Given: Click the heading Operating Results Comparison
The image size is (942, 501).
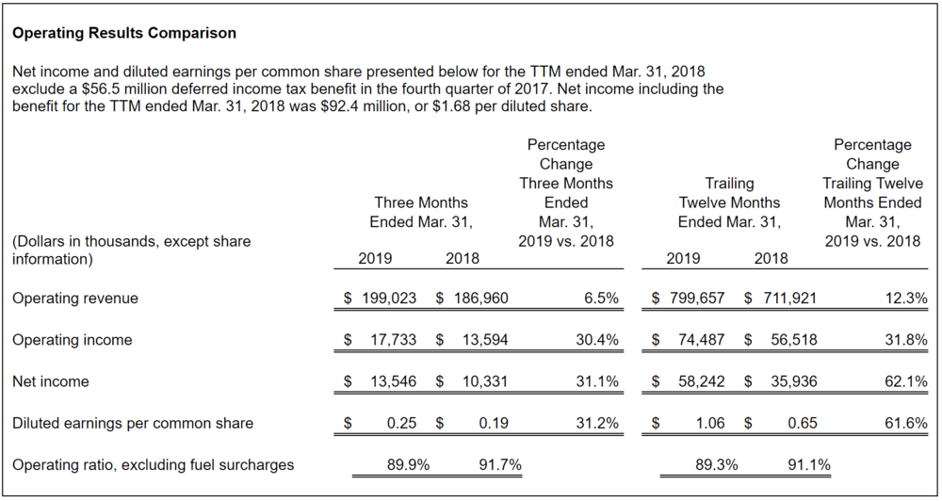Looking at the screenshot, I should click(x=124, y=33).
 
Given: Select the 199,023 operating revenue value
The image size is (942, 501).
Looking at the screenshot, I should click(x=390, y=299).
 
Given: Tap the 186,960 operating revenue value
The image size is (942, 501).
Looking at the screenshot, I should click(x=482, y=299).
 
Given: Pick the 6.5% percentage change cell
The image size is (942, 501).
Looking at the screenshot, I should click(x=601, y=299).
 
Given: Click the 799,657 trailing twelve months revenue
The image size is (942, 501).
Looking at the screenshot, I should click(x=696, y=299).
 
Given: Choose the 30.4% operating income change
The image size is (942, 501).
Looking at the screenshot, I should click(x=597, y=340).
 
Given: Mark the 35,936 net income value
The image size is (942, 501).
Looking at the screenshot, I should click(x=794, y=381).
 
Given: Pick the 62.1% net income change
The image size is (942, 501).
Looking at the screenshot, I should click(x=905, y=381).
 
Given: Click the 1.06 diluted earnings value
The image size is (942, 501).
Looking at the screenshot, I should click(x=710, y=424).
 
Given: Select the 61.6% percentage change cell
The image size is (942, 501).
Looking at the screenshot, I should click(x=905, y=424).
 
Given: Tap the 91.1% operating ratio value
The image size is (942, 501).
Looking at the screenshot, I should click(x=808, y=464).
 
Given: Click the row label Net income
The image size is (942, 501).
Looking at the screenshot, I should click(x=51, y=381).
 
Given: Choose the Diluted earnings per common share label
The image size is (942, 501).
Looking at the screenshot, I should click(x=133, y=424).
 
